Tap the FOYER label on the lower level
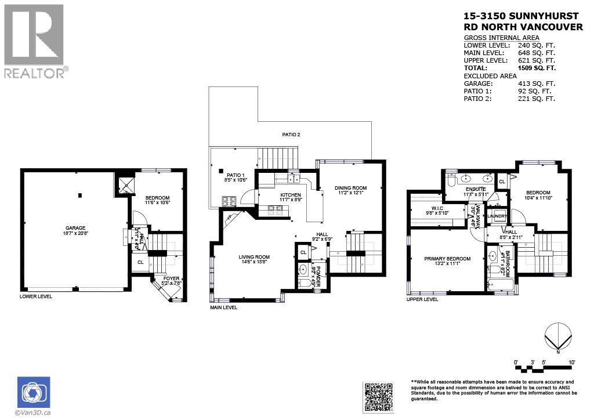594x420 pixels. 171,279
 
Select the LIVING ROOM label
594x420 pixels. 254,257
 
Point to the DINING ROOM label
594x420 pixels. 350,188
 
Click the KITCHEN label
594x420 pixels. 290,195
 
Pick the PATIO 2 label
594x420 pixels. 291,135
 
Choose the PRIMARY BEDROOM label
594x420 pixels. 447,259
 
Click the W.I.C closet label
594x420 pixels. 438,208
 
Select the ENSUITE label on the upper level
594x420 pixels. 476,189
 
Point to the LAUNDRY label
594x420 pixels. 497,216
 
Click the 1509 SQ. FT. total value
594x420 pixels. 537,68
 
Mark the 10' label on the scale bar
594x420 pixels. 572,363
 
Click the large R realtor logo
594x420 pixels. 34,35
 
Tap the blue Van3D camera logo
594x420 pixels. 34,392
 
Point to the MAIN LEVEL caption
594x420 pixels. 223,307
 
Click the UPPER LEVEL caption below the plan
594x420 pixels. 422,299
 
